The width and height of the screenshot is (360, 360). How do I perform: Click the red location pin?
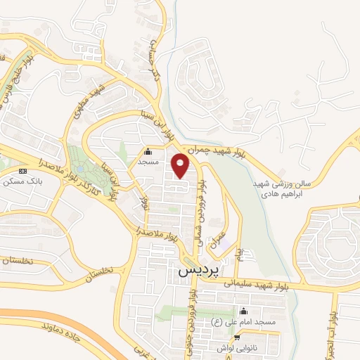tap(181, 165)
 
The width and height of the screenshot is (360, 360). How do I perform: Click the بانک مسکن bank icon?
tap(23, 170)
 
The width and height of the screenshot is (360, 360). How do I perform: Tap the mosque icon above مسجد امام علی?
tap(244, 311)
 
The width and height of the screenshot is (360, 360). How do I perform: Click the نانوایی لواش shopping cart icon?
tap(237, 337)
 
